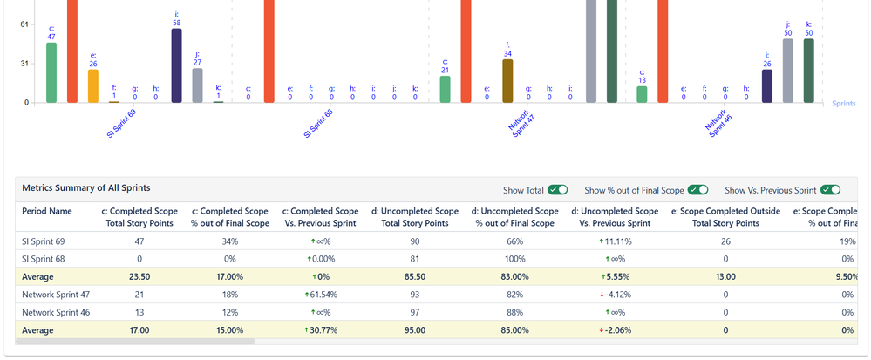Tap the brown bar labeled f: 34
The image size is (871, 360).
point(507,80)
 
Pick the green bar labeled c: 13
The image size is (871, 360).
point(642,94)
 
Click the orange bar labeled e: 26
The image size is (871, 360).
point(93,85)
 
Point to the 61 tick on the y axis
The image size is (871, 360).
point(24,24)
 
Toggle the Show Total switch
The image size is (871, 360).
point(557,189)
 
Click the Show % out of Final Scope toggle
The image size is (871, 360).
point(697,189)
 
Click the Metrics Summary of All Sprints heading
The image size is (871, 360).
point(86,188)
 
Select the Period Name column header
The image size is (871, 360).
point(47,211)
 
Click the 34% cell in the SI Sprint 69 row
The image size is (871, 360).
point(231,241)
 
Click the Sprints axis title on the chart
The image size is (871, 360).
point(842,103)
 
